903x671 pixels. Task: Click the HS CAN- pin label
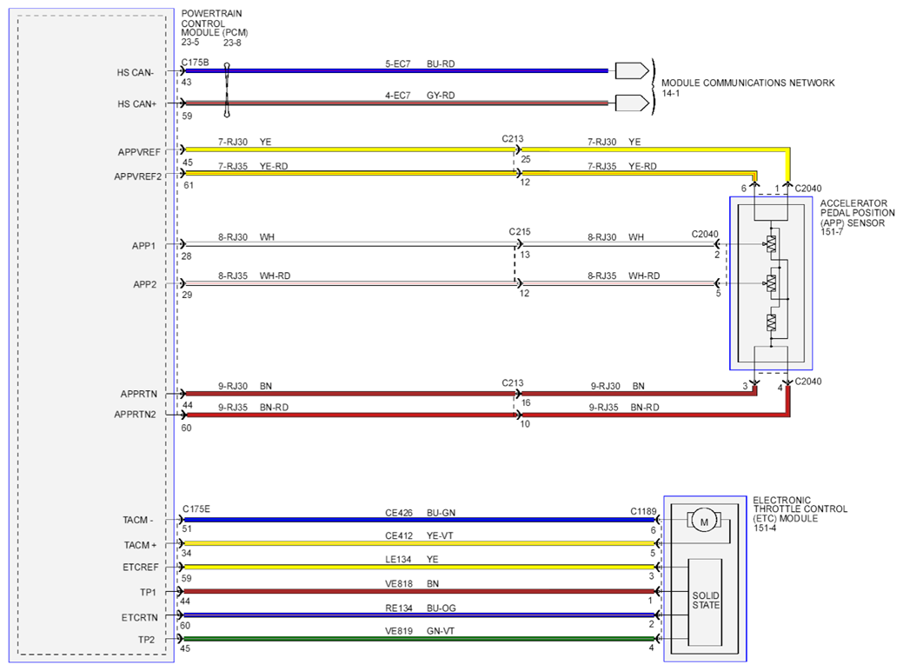pos(136,72)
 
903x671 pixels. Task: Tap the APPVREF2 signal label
pos(138,176)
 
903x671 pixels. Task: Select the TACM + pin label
pos(140,545)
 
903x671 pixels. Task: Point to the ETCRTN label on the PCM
pos(139,617)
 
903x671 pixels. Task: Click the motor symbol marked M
pos(704,522)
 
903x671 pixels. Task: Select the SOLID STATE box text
pos(706,600)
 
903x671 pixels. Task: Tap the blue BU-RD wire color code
pos(441,64)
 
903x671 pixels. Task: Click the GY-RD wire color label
pos(441,96)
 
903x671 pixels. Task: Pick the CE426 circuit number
pos(399,513)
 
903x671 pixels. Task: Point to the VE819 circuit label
pos(399,631)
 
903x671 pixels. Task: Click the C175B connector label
pos(196,63)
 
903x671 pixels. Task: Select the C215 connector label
pos(520,231)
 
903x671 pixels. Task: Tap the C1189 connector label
pos(643,511)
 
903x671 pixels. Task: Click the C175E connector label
pos(196,509)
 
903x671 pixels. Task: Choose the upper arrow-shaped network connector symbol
pos(633,71)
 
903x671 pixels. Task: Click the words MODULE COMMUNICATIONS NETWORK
pos(748,83)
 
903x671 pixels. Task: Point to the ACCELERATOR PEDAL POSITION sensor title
pos(858,213)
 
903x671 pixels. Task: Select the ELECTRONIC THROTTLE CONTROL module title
pos(800,509)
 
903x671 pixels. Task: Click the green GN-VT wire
pos(419,639)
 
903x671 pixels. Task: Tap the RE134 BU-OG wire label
pos(421,608)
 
